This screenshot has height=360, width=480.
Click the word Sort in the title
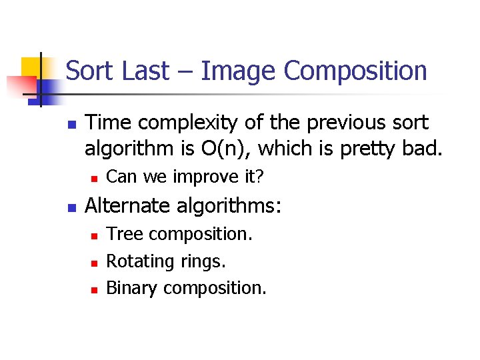point(90,71)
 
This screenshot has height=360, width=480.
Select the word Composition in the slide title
point(355,71)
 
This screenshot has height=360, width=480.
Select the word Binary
point(133,288)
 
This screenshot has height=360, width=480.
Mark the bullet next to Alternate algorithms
point(72,207)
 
